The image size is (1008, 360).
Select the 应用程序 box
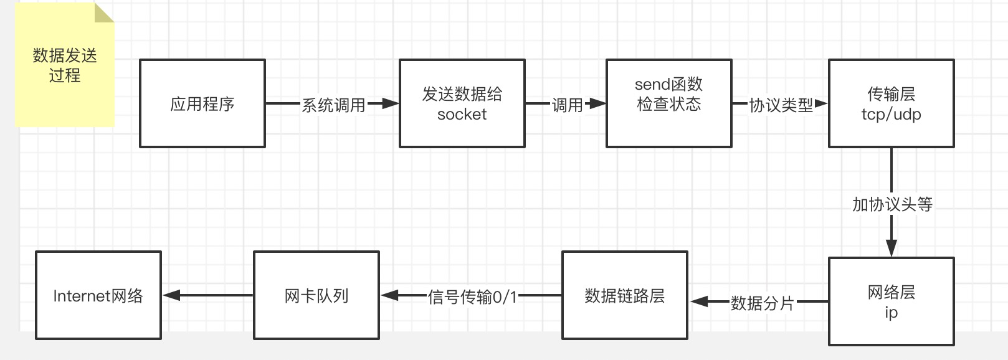(202, 103)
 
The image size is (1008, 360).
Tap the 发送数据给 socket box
(462, 103)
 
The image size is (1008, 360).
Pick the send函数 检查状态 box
(668, 103)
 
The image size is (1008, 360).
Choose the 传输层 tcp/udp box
(891, 103)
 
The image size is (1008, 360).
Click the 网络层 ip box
(891, 301)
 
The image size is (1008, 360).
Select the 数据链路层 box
(624, 296)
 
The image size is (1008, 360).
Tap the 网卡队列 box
(316, 296)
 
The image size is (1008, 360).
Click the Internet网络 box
(98, 296)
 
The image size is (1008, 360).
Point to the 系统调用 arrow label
(333, 105)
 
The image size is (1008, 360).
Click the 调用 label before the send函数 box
(567, 105)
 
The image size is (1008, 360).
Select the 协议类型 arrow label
(781, 105)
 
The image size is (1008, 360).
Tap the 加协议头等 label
(892, 204)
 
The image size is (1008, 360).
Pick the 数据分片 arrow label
(762, 303)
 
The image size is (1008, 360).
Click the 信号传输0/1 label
(472, 297)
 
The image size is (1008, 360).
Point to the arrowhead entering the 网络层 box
(891, 248)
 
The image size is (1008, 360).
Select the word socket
(462, 115)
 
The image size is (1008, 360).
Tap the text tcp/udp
(891, 115)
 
